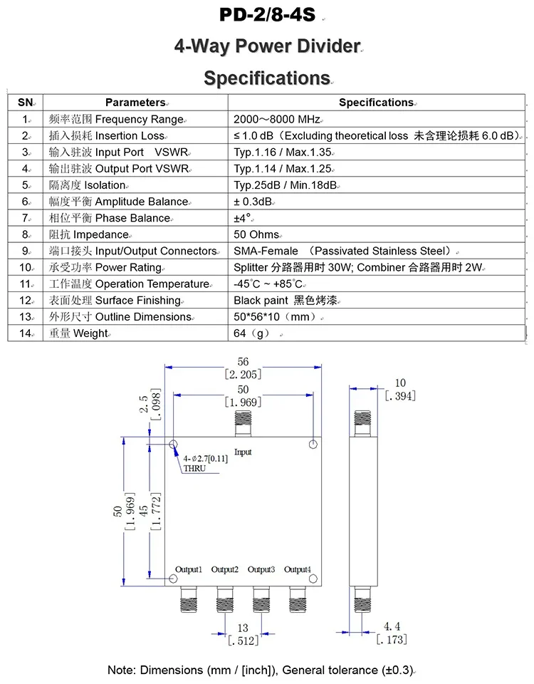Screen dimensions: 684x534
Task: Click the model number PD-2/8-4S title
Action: pos(267,15)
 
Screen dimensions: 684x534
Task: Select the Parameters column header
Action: pos(135,103)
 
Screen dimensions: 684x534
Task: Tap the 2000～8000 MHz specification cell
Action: pos(278,119)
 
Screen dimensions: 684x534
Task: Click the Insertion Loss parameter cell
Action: pos(107,135)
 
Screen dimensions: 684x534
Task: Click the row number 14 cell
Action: pos(25,333)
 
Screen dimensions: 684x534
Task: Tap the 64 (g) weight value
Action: pos(250,333)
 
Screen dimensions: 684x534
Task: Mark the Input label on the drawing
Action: pos(243,452)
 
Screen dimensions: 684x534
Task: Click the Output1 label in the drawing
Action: pos(189,569)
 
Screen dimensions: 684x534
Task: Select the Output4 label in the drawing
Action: pos(297,569)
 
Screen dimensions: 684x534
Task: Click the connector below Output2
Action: pos(224,600)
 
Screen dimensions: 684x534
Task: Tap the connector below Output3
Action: pos(261,600)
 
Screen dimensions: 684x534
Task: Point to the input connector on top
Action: pos(244,425)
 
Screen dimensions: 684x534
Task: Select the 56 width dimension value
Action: pos(243,362)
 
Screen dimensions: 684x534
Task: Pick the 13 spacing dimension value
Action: pos(243,628)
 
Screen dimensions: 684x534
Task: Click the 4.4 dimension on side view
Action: pos(392,626)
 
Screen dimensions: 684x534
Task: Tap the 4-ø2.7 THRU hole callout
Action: pos(205,463)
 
